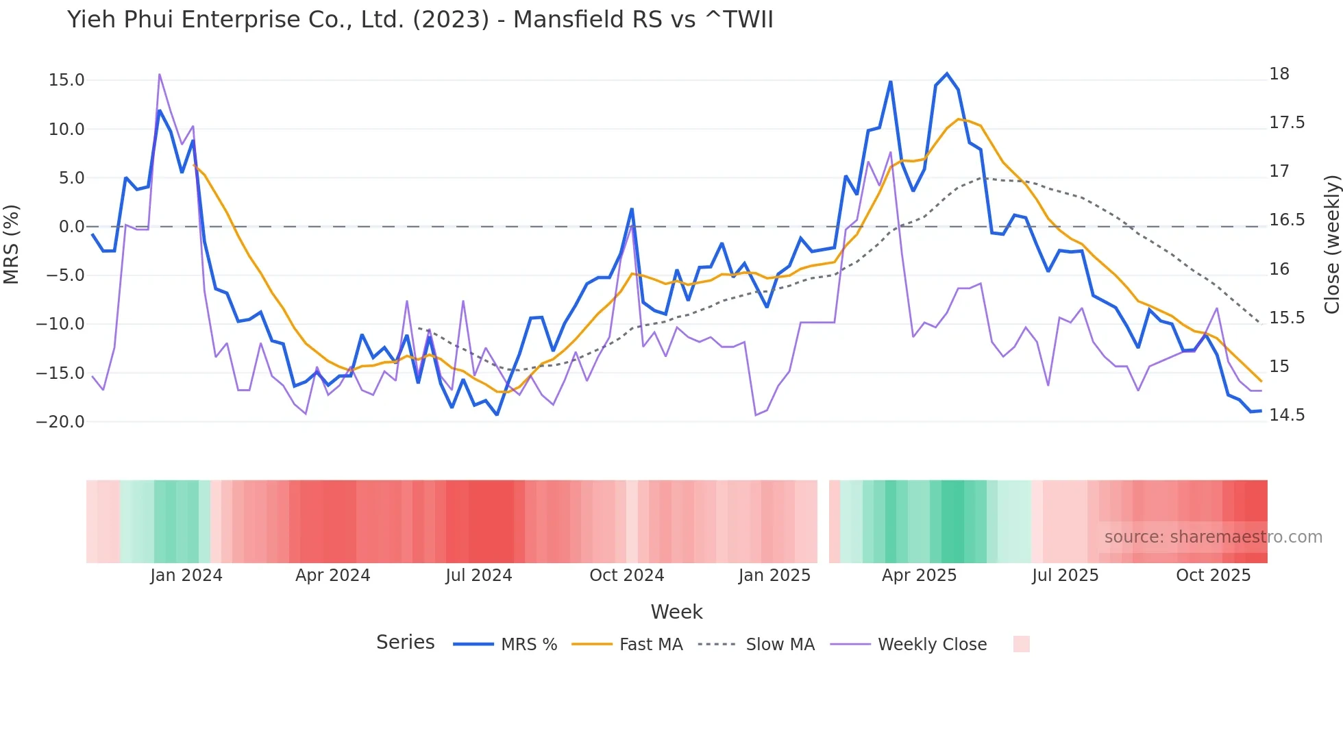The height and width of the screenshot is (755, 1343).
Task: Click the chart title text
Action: click(420, 20)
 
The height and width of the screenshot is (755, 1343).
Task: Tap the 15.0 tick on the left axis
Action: click(66, 80)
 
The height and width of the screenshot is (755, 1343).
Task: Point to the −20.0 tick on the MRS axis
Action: click(60, 422)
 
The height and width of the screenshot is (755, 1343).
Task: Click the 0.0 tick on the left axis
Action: click(71, 227)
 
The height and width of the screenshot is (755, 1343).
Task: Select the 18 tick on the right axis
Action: click(1279, 74)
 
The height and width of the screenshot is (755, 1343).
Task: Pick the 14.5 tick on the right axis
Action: click(1287, 415)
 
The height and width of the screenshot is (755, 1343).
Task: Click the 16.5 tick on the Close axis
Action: click(1287, 220)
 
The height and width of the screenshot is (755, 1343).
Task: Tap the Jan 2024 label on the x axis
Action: click(186, 575)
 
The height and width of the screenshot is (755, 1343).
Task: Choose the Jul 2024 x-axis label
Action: click(479, 575)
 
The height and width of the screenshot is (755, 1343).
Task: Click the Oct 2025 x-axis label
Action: click(1213, 575)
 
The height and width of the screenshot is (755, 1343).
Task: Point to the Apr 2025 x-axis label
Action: click(919, 575)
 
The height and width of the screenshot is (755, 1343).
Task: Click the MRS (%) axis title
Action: click(12, 245)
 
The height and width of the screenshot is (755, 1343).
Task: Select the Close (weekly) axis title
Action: click(1331, 245)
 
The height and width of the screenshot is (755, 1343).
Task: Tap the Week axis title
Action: click(676, 612)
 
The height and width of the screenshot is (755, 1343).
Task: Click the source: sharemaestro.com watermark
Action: click(1213, 537)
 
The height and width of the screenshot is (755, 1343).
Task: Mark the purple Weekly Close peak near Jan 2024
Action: click(160, 74)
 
